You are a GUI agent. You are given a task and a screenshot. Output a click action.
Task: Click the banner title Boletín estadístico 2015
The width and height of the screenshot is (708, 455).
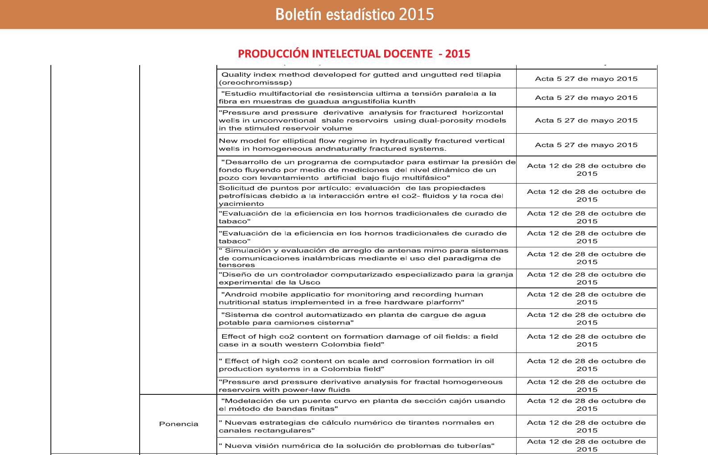354,15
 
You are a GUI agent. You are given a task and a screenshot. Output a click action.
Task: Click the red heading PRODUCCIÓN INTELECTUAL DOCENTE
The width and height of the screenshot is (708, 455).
354,54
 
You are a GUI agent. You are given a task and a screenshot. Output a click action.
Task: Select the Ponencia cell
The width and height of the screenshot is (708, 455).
178,424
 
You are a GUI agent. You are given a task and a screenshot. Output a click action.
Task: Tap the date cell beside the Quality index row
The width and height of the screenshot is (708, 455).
586,79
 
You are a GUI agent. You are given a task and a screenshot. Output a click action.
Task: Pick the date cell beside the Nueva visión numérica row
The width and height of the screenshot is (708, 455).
586,445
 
